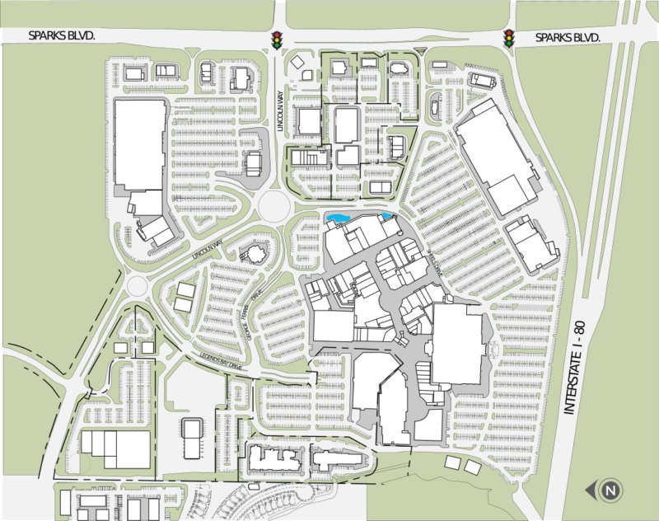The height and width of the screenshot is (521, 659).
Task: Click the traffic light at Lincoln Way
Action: pos(277,39)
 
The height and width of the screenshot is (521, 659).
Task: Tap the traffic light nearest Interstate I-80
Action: pos(509,38)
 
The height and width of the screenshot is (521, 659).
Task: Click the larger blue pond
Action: pos(339,218)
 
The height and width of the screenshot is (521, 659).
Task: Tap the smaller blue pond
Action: pos(386,217)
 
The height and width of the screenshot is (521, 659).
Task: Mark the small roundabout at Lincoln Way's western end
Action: pos(139,286)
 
